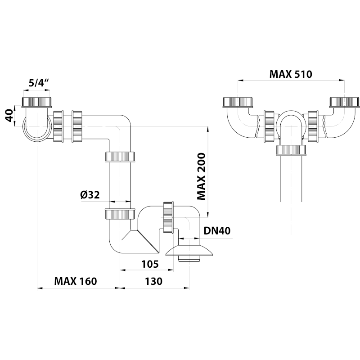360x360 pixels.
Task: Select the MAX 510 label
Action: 291,74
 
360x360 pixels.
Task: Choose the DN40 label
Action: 217,231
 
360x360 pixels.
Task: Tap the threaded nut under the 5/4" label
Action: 38,102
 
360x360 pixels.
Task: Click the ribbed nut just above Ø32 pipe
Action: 120,157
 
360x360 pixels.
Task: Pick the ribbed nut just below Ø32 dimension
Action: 120,214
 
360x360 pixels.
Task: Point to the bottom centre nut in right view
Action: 291,150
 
